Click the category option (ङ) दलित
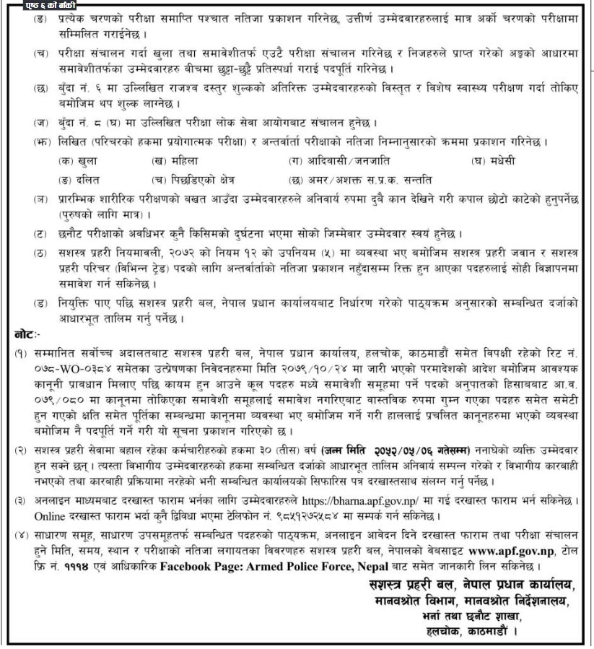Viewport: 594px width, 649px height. [x=82, y=178]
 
